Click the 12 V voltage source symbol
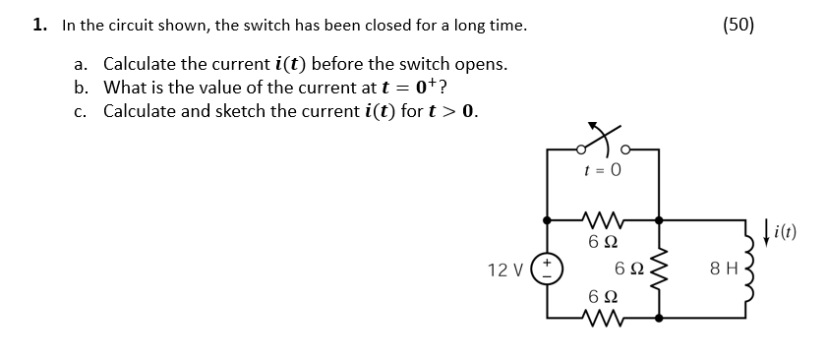[x=547, y=268]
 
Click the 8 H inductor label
[x=724, y=268]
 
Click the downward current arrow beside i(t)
[x=767, y=233]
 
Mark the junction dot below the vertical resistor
[x=658, y=317]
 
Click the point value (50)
[x=738, y=25]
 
